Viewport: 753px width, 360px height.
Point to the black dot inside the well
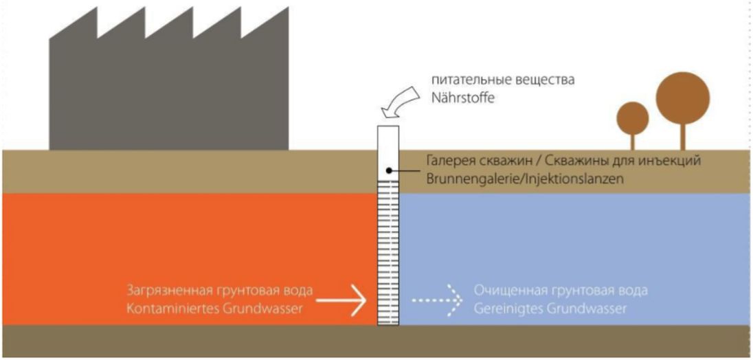389,170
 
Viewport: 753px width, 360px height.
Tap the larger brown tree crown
682,95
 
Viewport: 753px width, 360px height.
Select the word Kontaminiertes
164,309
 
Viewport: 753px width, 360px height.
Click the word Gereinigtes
504,309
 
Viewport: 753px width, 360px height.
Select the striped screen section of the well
389,254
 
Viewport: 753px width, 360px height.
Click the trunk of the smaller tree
633,142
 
